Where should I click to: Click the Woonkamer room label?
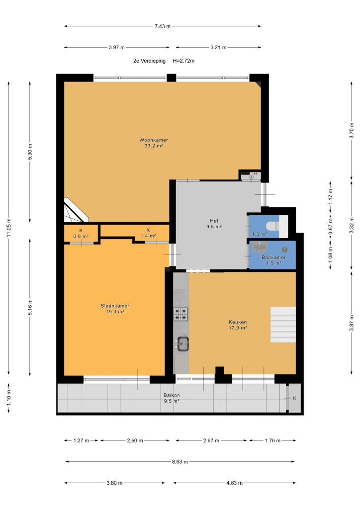click(x=154, y=140)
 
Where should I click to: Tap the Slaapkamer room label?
click(x=115, y=306)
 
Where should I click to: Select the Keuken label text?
click(x=238, y=322)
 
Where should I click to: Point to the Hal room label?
click(x=214, y=221)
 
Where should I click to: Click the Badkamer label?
click(x=273, y=257)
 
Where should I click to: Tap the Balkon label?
click(x=172, y=395)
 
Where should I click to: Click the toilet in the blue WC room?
click(x=271, y=225)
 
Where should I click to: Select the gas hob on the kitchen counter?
click(x=181, y=314)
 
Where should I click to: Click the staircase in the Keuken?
click(x=283, y=325)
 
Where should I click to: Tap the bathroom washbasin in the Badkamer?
click(x=260, y=248)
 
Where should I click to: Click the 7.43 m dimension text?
click(x=162, y=26)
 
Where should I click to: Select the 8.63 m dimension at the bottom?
click(x=180, y=462)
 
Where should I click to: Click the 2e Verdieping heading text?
click(x=149, y=61)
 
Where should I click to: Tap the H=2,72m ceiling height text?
click(x=184, y=61)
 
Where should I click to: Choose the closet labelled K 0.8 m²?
click(x=81, y=234)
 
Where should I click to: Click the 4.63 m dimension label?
click(x=234, y=483)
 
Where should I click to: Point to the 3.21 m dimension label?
click(x=218, y=47)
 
